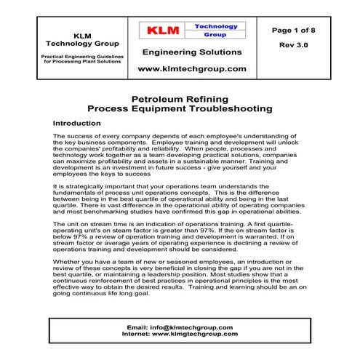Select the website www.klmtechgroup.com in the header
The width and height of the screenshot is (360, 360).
(x=192, y=69)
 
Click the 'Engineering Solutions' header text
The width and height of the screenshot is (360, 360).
(x=192, y=52)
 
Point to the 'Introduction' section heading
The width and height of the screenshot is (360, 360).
(x=82, y=124)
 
